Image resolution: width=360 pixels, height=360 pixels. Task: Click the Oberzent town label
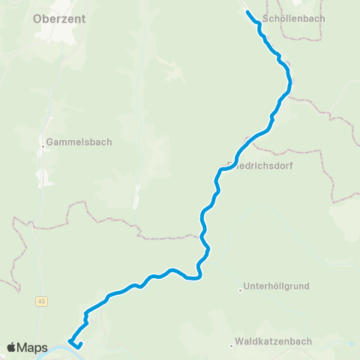click(x=58, y=20)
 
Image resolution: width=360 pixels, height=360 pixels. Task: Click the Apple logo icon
click(x=12, y=347)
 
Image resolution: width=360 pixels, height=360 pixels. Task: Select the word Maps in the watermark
click(x=33, y=348)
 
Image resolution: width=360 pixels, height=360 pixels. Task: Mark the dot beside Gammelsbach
click(x=45, y=146)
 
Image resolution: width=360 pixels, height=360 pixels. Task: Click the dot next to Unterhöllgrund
click(x=241, y=287)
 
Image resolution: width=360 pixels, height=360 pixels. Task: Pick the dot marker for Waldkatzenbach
click(x=232, y=346)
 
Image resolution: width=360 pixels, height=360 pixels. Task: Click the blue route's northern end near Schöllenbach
click(x=248, y=12)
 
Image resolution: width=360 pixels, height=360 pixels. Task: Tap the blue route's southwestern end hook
click(x=70, y=343)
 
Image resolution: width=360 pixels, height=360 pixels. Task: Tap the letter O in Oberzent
click(x=39, y=20)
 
